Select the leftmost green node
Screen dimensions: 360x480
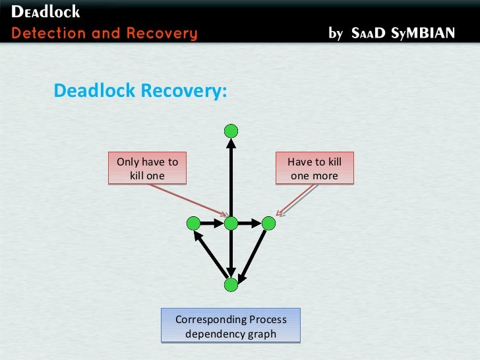pyautogui.click(x=193, y=224)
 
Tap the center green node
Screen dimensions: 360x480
pyautogui.click(x=231, y=224)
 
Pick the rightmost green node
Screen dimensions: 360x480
pyautogui.click(x=268, y=224)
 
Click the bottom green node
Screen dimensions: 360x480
pyautogui.click(x=230, y=285)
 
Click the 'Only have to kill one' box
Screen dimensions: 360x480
pyautogui.click(x=147, y=169)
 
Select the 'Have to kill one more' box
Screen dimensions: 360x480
pyautogui.click(x=315, y=169)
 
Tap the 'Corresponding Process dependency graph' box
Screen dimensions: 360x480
pyautogui.click(x=231, y=326)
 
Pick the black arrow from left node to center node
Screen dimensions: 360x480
pyautogui.click(x=212, y=224)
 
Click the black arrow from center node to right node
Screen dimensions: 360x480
pyautogui.click(x=249, y=224)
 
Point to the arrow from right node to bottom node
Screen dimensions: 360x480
pyautogui.click(x=252, y=253)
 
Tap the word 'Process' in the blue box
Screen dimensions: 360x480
pyautogui.click(x=268, y=320)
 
